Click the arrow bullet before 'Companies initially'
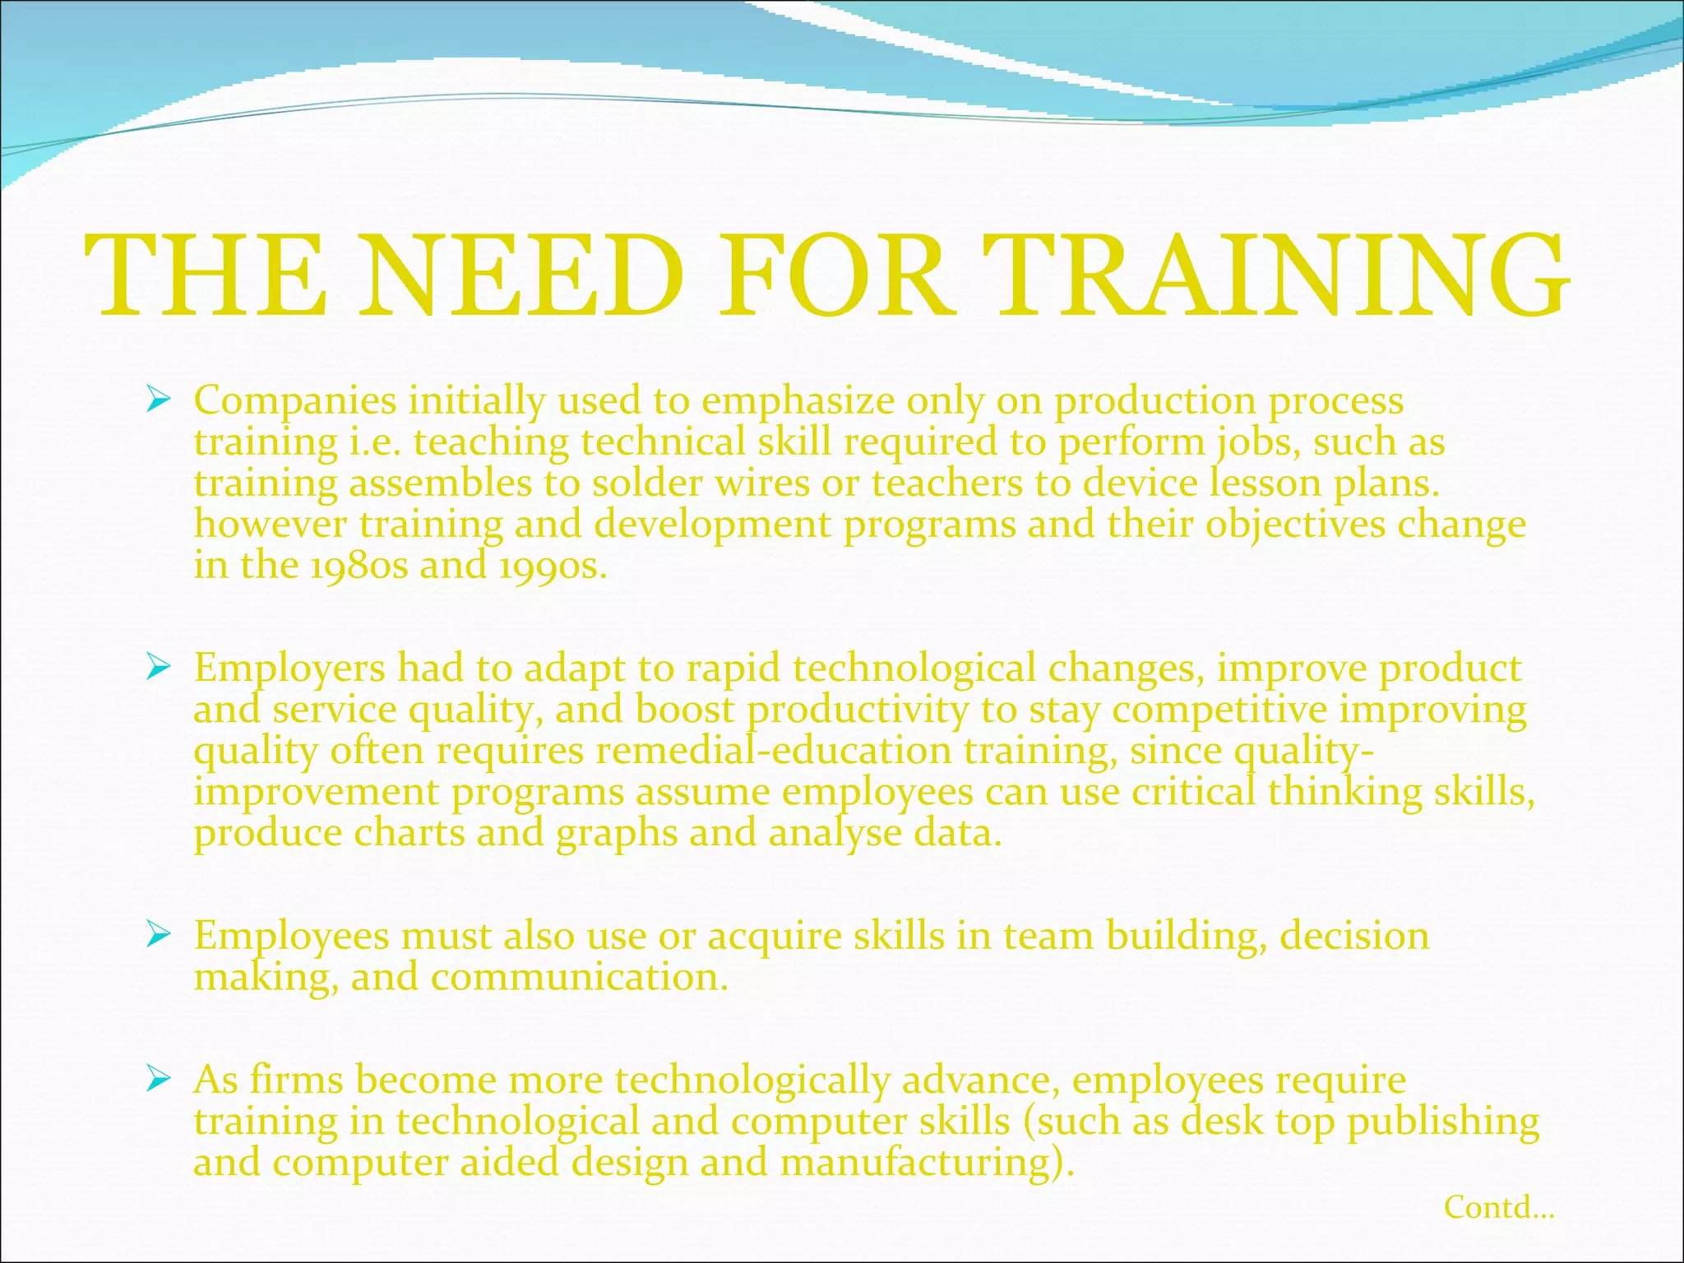click(x=157, y=400)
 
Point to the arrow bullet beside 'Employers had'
click(x=157, y=668)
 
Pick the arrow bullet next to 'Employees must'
click(x=157, y=935)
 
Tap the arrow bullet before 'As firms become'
click(x=157, y=1079)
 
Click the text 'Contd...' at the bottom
click(x=1498, y=1207)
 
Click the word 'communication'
click(x=579, y=977)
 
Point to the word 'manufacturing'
click(x=927, y=1163)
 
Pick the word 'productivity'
click(x=858, y=710)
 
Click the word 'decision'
click(x=1354, y=936)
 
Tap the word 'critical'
click(x=1194, y=792)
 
